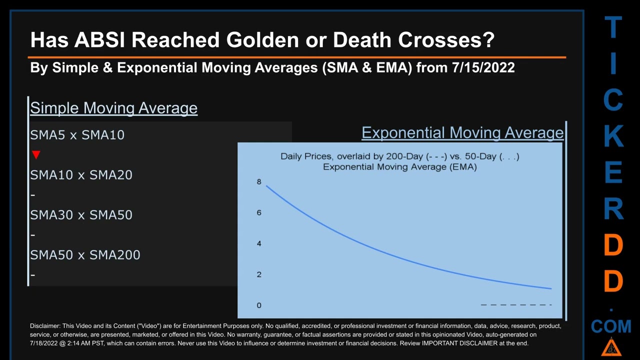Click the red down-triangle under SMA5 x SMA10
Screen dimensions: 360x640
click(36, 155)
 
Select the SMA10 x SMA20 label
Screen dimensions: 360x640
click(81, 175)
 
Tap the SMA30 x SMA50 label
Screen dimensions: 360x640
click(81, 215)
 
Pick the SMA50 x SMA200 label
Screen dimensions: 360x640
click(85, 255)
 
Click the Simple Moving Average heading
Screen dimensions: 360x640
click(113, 108)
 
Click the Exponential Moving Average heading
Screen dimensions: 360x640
click(462, 132)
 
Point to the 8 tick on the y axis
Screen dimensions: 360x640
click(259, 181)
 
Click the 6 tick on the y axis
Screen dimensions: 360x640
click(259, 212)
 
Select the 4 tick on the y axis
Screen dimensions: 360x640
click(259, 243)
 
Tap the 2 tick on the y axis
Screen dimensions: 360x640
click(259, 274)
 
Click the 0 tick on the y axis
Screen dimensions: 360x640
click(259, 305)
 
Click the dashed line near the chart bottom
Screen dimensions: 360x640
click(515, 304)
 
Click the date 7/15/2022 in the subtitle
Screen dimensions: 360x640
click(483, 67)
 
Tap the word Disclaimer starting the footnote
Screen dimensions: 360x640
click(45, 326)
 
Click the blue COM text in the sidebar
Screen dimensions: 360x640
click(611, 327)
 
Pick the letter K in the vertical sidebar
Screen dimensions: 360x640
click(613, 136)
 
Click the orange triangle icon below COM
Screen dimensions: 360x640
click(611, 347)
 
